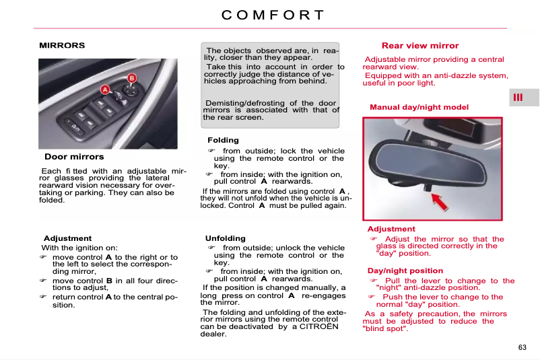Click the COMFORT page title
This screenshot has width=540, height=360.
coord(273,15)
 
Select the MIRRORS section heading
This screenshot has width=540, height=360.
coord(62,46)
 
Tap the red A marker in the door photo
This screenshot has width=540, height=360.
coord(105,89)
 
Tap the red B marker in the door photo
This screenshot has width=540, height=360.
coord(132,78)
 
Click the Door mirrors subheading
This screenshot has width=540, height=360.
coord(74,157)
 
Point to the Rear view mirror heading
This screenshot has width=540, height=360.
coord(419,46)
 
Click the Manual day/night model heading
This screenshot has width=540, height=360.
coord(419,108)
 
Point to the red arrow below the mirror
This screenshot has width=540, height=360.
coord(440,202)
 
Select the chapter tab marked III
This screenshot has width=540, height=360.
coord(518,98)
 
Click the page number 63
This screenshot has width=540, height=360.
coord(522,347)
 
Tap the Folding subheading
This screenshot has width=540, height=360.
coord(223,141)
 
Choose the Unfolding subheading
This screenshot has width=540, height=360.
coord(226,238)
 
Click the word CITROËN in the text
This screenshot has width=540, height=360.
coord(320,327)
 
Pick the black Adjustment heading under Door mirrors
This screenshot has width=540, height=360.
coord(67,238)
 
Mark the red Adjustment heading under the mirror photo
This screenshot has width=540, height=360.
coord(391,229)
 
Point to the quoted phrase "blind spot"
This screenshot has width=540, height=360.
coord(385,328)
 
